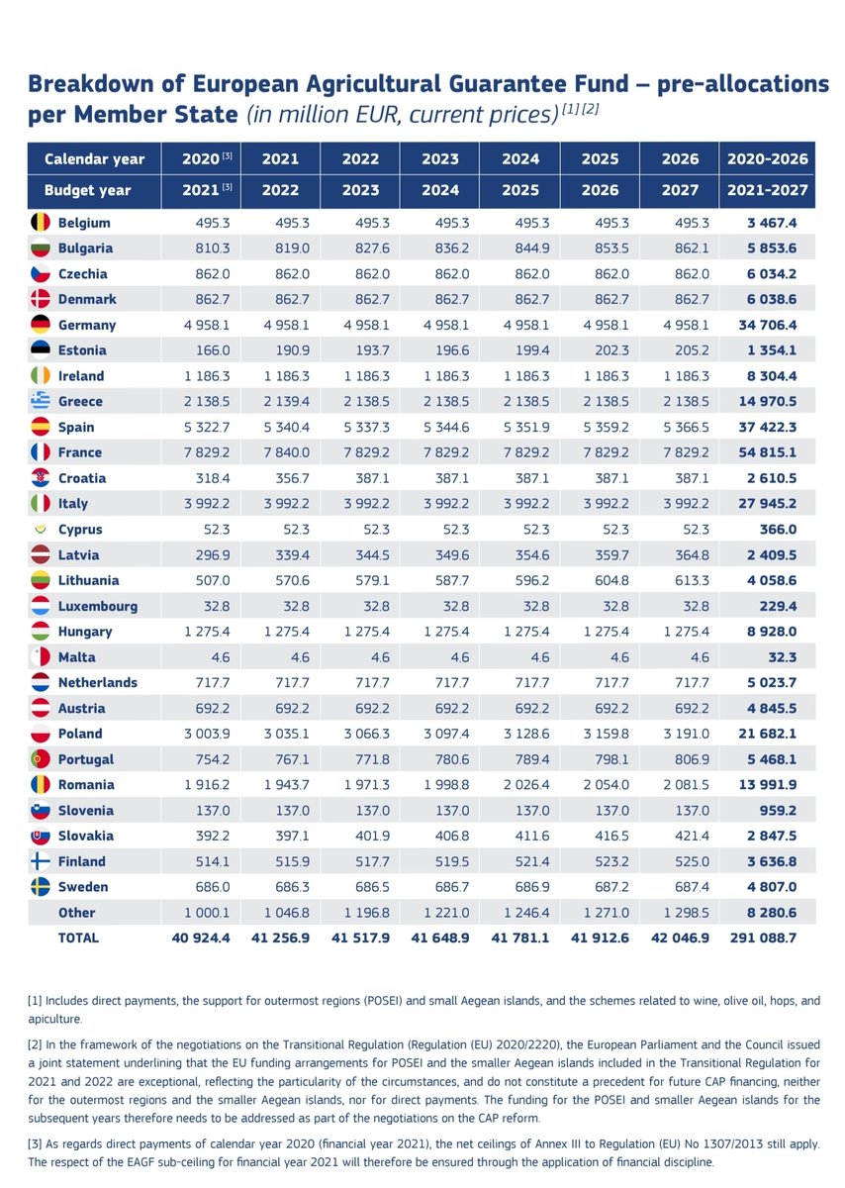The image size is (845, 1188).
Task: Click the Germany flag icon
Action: tap(41, 325)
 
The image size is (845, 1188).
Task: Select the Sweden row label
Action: tap(83, 887)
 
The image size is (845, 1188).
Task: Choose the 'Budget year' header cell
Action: tap(89, 189)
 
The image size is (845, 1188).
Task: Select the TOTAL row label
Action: tap(78, 938)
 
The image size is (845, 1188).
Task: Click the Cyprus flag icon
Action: tap(41, 530)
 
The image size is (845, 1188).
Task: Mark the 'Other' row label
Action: tap(77, 913)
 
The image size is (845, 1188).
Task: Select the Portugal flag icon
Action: tap(41, 759)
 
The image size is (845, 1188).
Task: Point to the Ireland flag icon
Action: tap(41, 376)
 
